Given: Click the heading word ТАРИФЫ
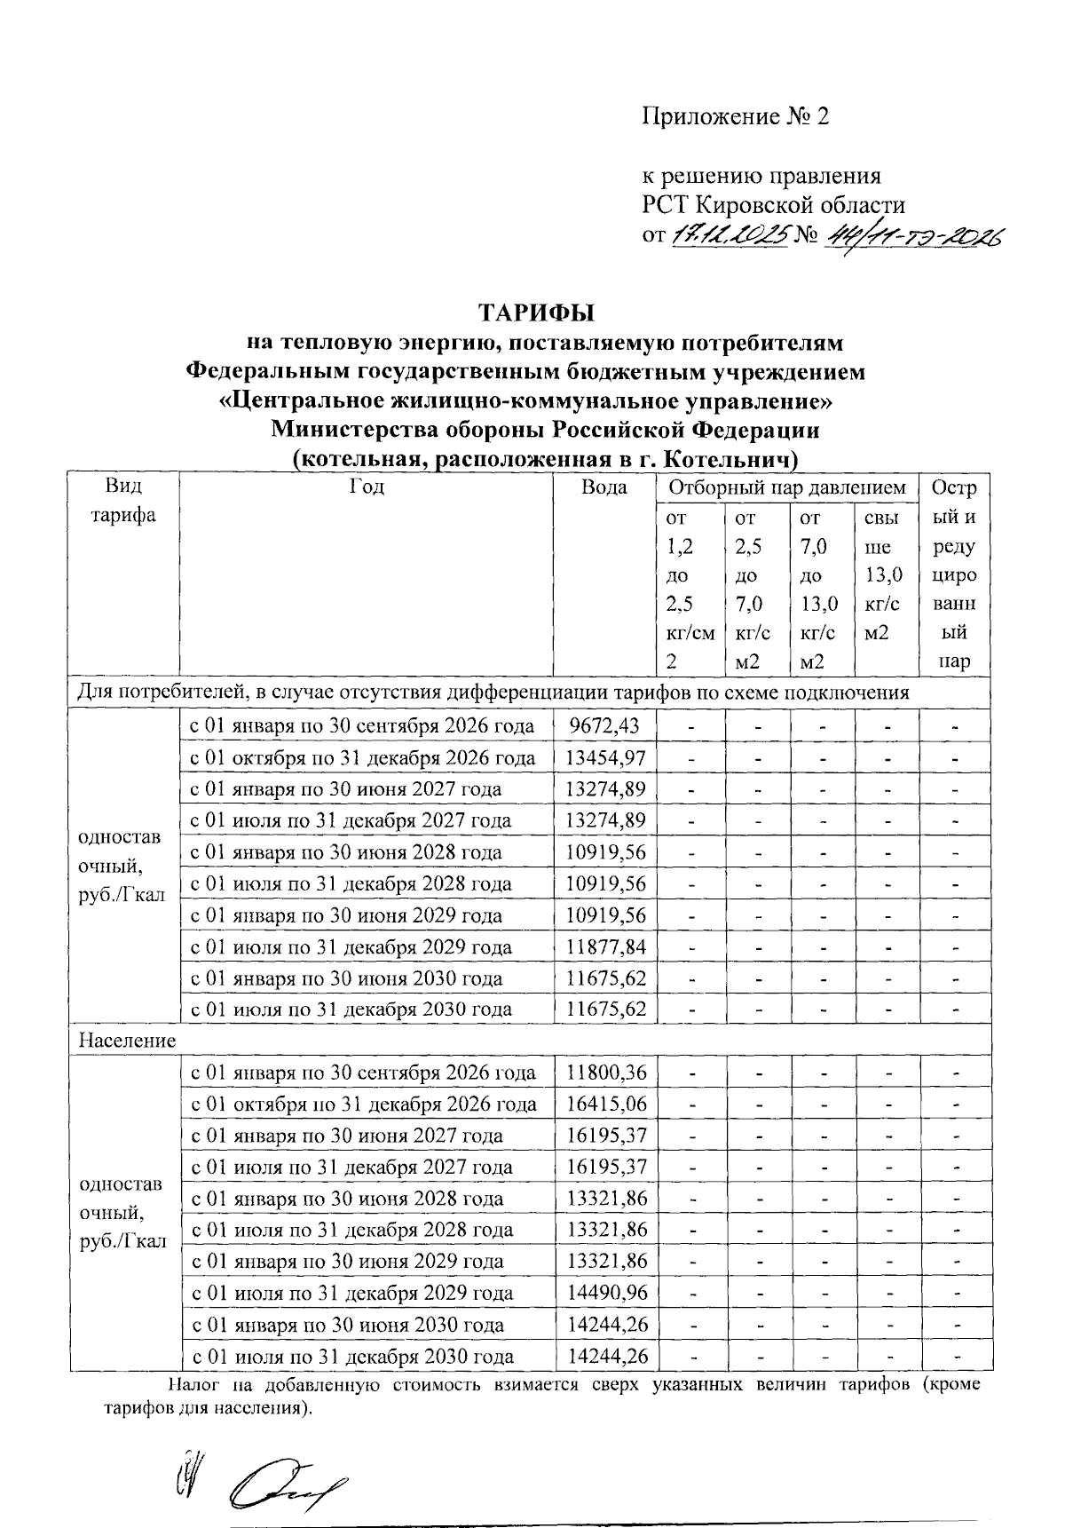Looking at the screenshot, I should click(x=535, y=313).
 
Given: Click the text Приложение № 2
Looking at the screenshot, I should click(x=736, y=117).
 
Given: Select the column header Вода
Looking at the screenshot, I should click(x=604, y=487).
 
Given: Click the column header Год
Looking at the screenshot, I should click(x=367, y=487).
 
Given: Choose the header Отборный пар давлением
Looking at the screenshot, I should click(x=787, y=487).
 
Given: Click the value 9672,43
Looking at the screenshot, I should click(x=604, y=726).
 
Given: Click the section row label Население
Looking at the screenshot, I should click(x=128, y=1040).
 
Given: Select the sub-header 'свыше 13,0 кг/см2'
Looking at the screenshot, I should click(x=883, y=574).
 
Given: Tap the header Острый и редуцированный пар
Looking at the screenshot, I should click(x=955, y=574).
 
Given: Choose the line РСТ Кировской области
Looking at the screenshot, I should click(x=774, y=205).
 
